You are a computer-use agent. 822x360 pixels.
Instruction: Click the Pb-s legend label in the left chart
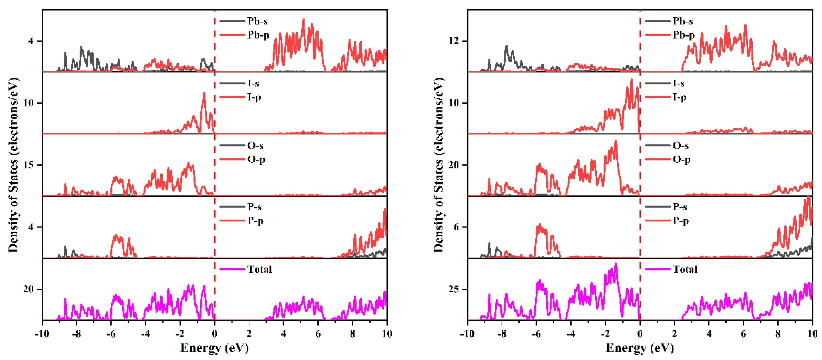(257, 21)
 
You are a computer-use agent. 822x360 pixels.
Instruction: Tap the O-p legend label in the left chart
(256, 159)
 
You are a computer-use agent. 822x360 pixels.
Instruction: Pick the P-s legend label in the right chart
(680, 207)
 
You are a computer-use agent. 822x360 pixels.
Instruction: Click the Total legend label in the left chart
(259, 269)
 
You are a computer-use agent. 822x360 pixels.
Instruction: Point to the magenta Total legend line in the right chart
(657, 269)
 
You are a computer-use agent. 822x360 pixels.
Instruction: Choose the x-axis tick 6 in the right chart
(743, 334)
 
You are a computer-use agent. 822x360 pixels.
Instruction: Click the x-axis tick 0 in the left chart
(214, 334)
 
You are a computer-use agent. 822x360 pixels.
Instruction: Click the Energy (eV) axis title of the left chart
(214, 348)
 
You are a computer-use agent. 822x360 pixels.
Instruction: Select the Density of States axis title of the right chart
(439, 164)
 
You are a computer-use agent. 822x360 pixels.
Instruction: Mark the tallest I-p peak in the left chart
(204, 93)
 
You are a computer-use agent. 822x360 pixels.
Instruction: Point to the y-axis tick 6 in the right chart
(456, 227)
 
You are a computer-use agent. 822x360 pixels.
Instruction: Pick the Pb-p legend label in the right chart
(683, 35)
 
